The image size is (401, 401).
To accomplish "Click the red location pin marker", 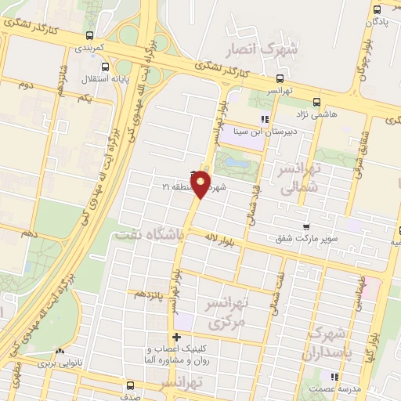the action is pos(201,184).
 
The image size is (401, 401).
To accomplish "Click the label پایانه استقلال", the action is pos(99,78).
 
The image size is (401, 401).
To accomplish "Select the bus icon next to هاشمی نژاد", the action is pos(317,102).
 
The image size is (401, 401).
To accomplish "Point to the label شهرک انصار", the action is pos(262,50).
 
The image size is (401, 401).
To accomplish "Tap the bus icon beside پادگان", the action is pos(378,10).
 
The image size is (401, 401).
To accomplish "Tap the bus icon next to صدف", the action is pos(130,385).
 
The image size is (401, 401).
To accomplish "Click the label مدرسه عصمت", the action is pos(340,388).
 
